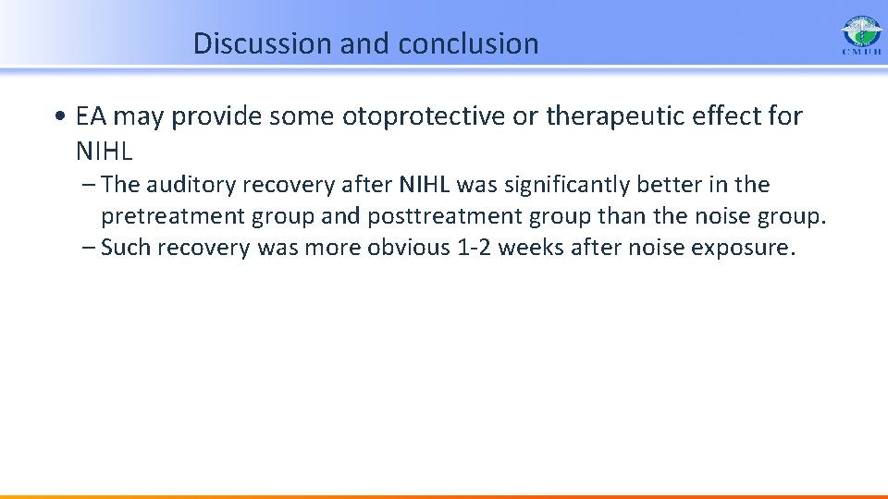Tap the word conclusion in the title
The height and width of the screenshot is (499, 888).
(x=468, y=43)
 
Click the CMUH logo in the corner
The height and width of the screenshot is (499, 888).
(x=861, y=35)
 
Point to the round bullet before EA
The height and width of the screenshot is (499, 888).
(x=61, y=116)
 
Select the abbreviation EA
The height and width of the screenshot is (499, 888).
(x=91, y=116)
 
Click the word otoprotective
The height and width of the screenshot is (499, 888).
(x=423, y=116)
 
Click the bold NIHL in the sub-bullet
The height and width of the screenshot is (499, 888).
(x=425, y=185)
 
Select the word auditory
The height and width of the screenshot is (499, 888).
(x=191, y=186)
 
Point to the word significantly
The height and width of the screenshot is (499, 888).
(x=566, y=186)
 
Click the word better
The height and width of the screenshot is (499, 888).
(x=670, y=185)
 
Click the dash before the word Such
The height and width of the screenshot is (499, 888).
(x=89, y=248)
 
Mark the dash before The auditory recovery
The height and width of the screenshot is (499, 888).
(x=89, y=185)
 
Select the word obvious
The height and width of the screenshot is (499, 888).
(x=408, y=248)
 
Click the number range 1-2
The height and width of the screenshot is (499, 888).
(x=474, y=248)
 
